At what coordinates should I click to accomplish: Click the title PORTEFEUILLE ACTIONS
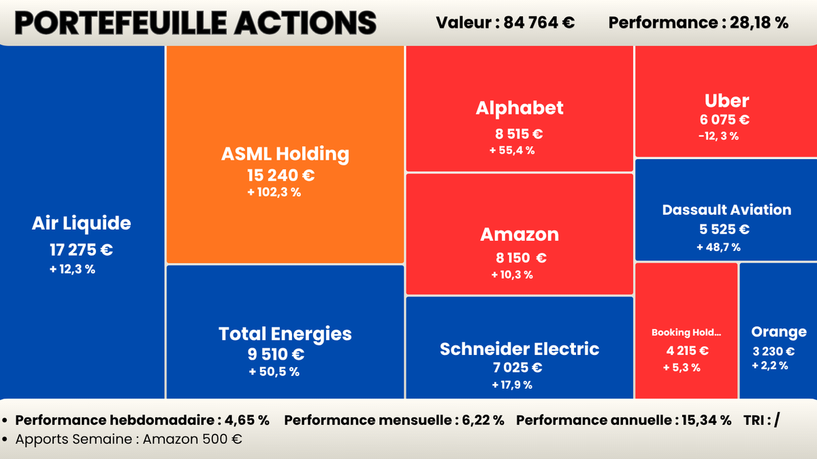(195, 22)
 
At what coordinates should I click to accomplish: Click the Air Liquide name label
(81, 223)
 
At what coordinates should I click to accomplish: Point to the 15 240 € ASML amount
(281, 175)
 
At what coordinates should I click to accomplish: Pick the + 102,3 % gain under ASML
(274, 192)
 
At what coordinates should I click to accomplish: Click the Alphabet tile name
(519, 107)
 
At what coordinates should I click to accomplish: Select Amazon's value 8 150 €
(521, 258)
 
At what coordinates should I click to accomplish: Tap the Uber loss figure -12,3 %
(718, 135)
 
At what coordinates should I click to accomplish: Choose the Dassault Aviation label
(726, 209)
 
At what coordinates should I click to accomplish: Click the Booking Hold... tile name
(686, 333)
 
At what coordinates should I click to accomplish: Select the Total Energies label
(285, 334)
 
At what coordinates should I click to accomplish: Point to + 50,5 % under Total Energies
(274, 371)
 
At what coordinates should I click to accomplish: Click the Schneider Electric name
(519, 349)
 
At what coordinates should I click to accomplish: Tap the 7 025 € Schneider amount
(518, 368)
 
